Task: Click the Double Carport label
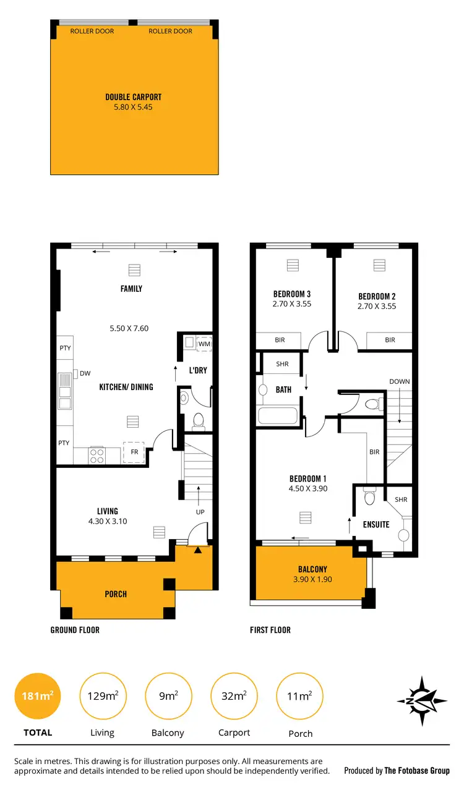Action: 133,97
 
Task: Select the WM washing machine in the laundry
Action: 204,344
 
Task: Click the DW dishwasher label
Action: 85,373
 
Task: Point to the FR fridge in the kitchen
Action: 134,452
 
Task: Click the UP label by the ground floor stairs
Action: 200,512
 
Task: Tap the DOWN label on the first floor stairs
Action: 399,381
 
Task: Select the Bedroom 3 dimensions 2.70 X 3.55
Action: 291,304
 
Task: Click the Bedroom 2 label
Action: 376,296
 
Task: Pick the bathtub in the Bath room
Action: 278,414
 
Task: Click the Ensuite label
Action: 376,524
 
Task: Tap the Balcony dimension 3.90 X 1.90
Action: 312,580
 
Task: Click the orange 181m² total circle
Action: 37,696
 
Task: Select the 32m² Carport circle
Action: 234,696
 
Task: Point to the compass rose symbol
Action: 423,700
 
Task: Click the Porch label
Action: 116,594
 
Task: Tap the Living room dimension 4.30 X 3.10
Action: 107,521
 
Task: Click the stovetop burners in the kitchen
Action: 98,456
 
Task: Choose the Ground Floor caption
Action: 75,630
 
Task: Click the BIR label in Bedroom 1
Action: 374,452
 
